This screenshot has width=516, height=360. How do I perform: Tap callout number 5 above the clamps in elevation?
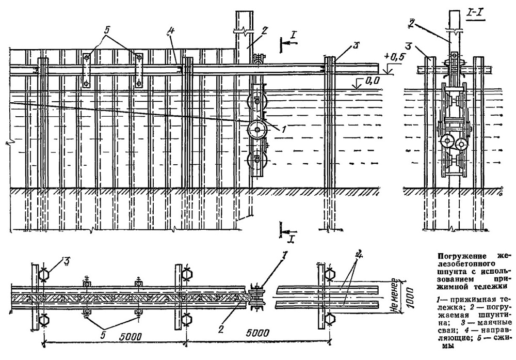tap(107, 29)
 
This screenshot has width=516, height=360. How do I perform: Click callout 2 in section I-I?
tap(411, 23)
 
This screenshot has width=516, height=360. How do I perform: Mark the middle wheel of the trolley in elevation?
tap(257, 130)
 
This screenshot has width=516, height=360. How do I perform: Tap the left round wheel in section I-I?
tap(447, 143)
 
